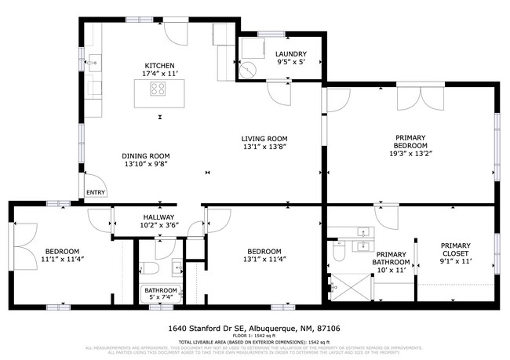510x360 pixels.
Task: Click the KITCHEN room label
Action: (158, 66)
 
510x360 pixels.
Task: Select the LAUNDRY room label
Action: (291, 54)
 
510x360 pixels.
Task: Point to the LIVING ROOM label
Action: (264, 138)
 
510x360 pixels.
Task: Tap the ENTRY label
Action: (95, 192)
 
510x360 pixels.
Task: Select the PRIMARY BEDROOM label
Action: (410, 141)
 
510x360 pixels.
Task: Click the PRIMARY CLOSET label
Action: (455, 249)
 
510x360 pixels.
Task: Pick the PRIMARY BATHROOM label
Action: (390, 259)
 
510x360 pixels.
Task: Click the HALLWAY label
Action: (158, 217)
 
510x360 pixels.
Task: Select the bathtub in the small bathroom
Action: (161, 294)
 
